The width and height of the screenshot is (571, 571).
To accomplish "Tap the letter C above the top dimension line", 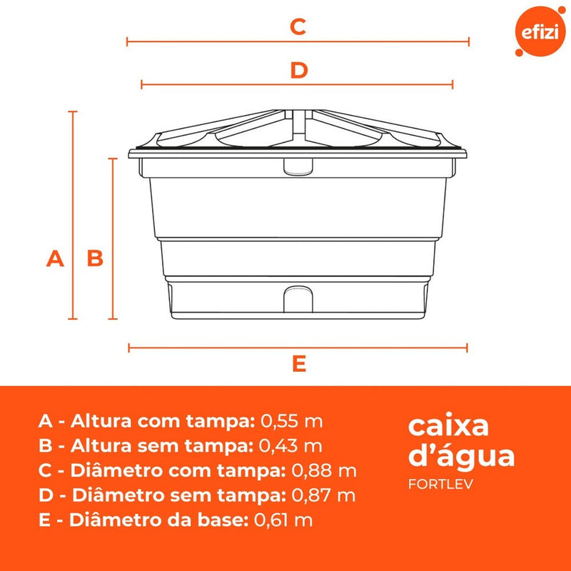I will [x=298, y=27].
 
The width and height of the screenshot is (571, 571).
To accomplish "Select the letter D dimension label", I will [x=298, y=70].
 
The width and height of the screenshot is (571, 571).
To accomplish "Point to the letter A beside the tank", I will [x=55, y=258].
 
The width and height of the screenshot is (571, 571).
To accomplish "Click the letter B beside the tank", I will [x=95, y=258].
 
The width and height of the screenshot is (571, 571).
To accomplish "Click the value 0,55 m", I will [x=292, y=420].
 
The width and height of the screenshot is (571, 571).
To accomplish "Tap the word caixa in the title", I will [x=448, y=426].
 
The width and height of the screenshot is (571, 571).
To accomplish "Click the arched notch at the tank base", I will [x=298, y=297].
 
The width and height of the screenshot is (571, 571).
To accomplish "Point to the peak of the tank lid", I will [x=298, y=112].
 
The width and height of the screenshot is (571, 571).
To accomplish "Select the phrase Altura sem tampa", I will [x=162, y=445].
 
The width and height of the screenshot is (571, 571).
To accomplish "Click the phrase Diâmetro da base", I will [x=160, y=520].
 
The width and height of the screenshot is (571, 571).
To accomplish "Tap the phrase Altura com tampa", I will [x=163, y=420].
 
